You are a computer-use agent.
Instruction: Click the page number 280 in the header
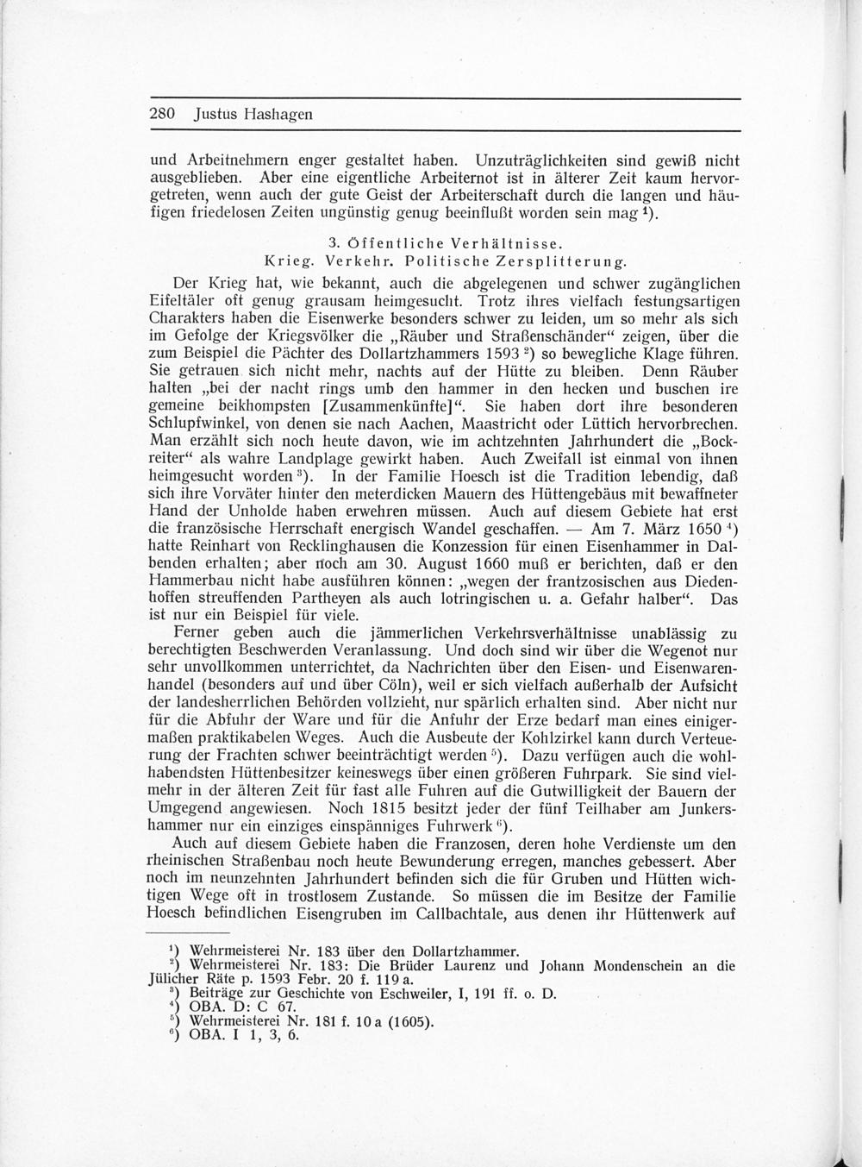pos(164,114)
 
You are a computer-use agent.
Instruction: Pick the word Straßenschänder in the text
pos(495,337)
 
